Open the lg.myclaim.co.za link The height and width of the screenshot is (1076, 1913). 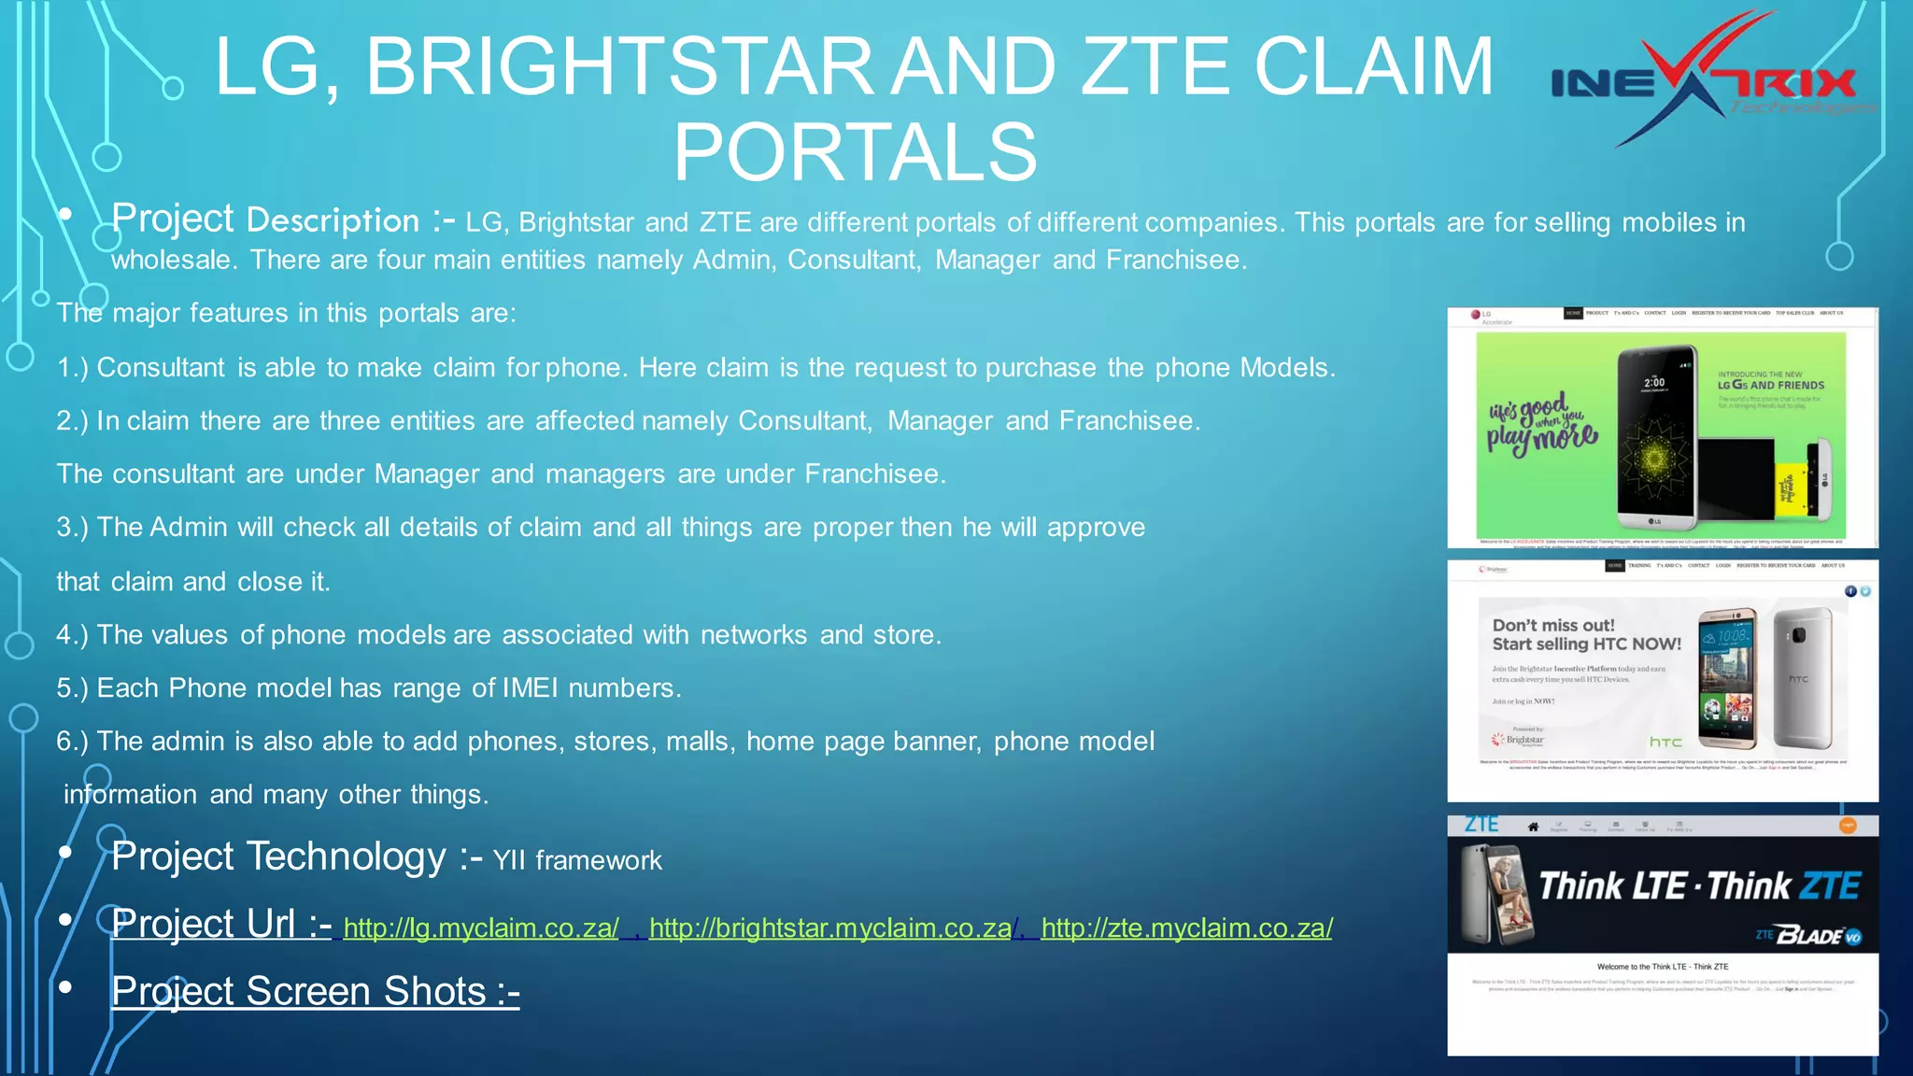click(x=480, y=928)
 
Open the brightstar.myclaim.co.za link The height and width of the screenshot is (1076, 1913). click(x=829, y=928)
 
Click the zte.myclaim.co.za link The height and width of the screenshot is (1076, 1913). click(x=1186, y=928)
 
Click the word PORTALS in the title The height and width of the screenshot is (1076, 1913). click(x=855, y=152)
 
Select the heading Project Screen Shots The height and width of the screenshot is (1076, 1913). click(x=315, y=992)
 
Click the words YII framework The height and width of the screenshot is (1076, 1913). click(x=577, y=860)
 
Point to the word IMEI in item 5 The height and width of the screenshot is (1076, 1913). click(x=530, y=688)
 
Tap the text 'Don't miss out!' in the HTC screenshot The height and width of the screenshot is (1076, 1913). click(x=1552, y=626)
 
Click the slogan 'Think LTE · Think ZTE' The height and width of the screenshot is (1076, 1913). click(x=1698, y=885)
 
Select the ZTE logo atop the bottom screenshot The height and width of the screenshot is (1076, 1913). click(x=1481, y=825)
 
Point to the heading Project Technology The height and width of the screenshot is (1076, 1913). click(x=277, y=857)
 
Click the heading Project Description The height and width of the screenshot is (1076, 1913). click(x=265, y=219)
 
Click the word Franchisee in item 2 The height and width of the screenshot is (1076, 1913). click(x=1127, y=421)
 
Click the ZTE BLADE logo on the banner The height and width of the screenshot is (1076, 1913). click(x=1810, y=935)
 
